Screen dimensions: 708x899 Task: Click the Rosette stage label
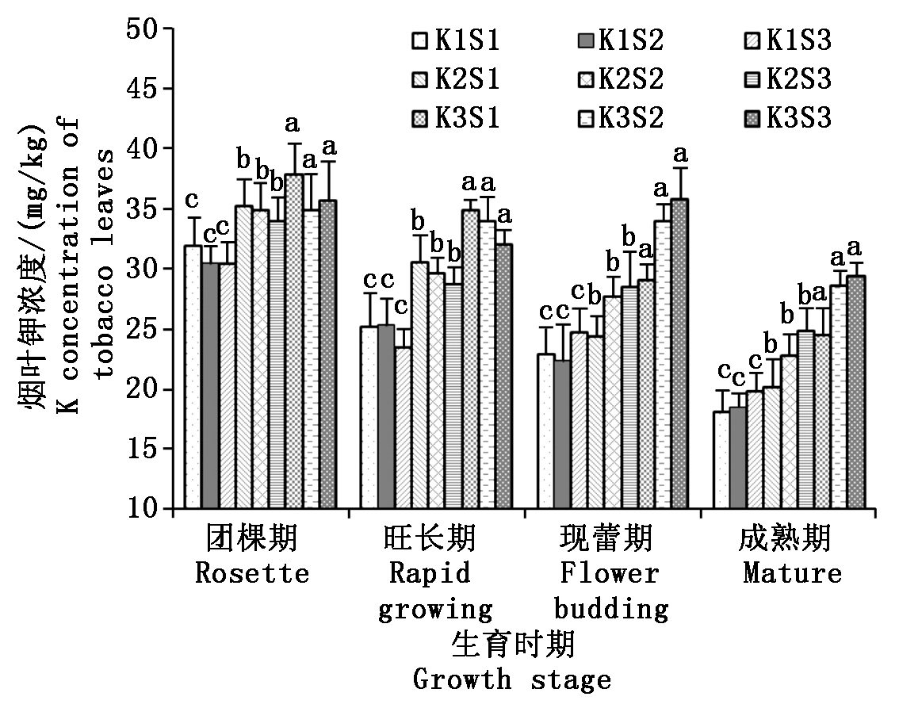coord(252,572)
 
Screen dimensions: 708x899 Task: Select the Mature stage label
coord(792,572)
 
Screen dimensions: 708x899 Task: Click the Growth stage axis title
coord(513,679)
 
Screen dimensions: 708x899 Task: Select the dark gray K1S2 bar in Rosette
coord(210,385)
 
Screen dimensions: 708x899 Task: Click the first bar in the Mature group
coord(721,460)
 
